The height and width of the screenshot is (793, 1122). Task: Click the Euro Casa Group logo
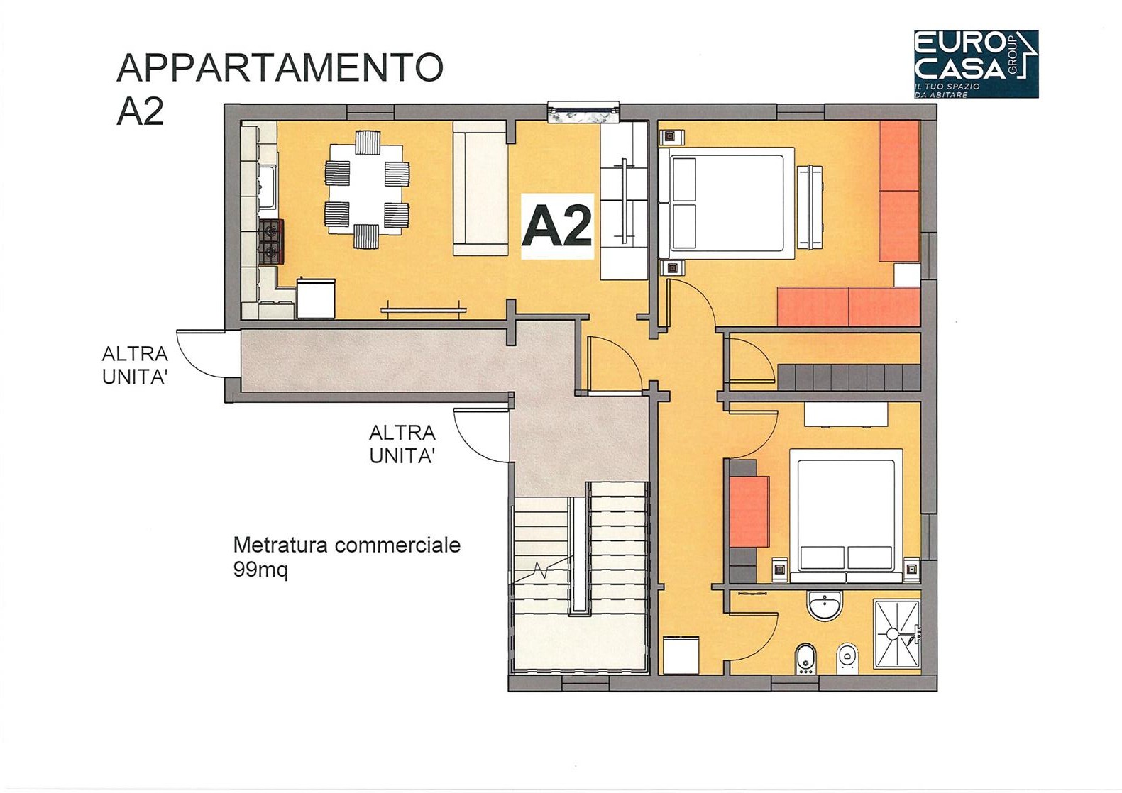tap(977, 64)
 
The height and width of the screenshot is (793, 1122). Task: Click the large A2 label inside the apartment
tap(557, 227)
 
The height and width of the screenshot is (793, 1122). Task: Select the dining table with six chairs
tap(367, 189)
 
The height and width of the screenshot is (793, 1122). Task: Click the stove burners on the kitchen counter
tap(271, 241)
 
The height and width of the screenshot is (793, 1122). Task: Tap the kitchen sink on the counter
tap(266, 187)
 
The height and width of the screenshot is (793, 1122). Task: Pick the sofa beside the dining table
tap(480, 188)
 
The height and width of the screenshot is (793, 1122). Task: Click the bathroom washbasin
tap(824, 605)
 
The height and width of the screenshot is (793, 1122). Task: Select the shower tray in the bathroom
tap(897, 634)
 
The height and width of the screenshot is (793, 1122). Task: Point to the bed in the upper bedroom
tap(727, 203)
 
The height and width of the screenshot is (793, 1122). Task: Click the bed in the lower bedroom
tap(846, 516)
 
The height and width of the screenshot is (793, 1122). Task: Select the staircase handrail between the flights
tap(578, 555)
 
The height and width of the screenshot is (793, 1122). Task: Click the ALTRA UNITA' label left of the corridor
tap(135, 365)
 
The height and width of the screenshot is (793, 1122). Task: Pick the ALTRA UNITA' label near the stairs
tap(402, 444)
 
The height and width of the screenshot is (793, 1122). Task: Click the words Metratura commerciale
tap(346, 545)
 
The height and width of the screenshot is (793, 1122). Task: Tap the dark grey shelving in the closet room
tap(849, 377)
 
